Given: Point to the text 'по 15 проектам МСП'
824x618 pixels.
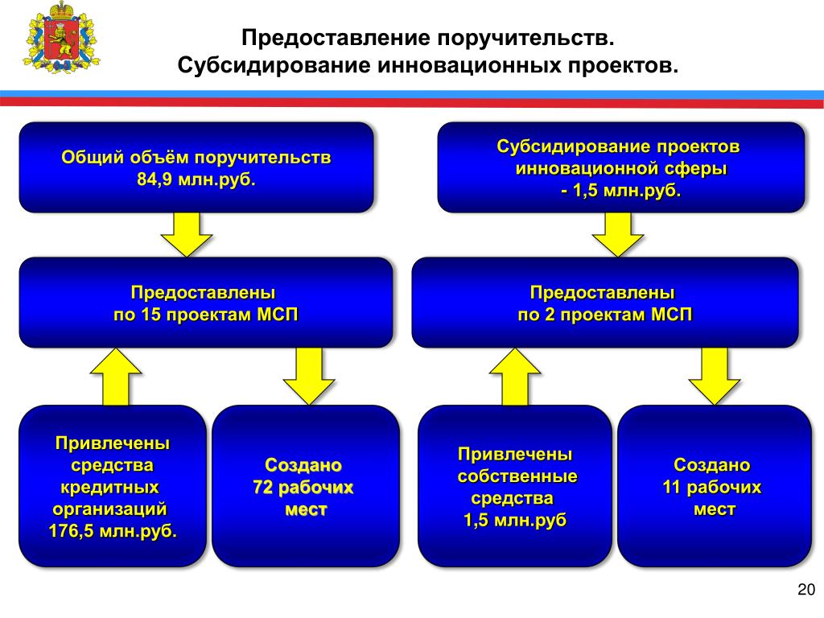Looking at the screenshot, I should [205, 314].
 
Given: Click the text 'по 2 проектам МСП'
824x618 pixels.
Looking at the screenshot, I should [604, 314].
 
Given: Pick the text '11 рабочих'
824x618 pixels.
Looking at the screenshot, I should [711, 488].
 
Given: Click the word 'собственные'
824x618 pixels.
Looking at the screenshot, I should [517, 476].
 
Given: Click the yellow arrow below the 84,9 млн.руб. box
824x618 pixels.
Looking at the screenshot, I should [186, 234].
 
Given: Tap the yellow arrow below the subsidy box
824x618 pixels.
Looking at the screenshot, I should [617, 234].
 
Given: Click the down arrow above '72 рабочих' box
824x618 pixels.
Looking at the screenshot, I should [308, 376].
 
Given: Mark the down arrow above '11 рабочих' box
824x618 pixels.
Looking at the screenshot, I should [714, 376].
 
